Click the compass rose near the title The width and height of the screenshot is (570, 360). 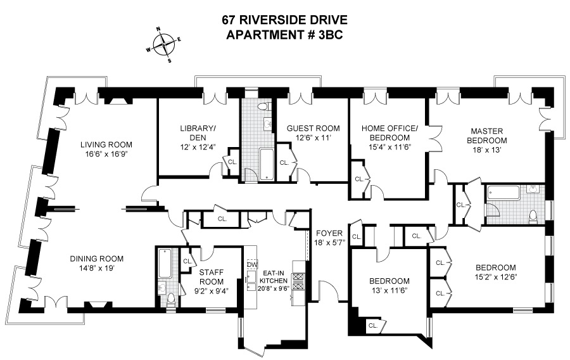coord(164,44)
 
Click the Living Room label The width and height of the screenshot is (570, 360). coord(106,145)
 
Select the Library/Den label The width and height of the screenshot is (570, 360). coord(198,132)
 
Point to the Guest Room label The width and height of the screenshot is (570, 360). coord(313,129)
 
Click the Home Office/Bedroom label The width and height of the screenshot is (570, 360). coord(389,132)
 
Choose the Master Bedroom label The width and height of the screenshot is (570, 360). coord(487,136)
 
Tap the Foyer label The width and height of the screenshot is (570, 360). coord(329,233)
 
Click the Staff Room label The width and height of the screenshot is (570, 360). coord(211,277)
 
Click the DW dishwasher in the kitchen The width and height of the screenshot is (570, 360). coord(251,264)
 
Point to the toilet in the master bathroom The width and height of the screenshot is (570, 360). coord(533,216)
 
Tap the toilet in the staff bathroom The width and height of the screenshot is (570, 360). coord(170,300)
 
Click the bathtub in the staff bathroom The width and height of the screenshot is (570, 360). coord(166,264)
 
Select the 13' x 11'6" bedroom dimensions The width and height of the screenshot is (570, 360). coord(389,290)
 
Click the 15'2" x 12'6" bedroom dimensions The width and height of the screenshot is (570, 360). coord(496,277)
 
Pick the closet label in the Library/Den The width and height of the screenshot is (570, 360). coord(232,162)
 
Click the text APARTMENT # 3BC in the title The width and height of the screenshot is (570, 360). coord(284,35)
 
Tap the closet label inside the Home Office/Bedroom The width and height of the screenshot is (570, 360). coord(359,179)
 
